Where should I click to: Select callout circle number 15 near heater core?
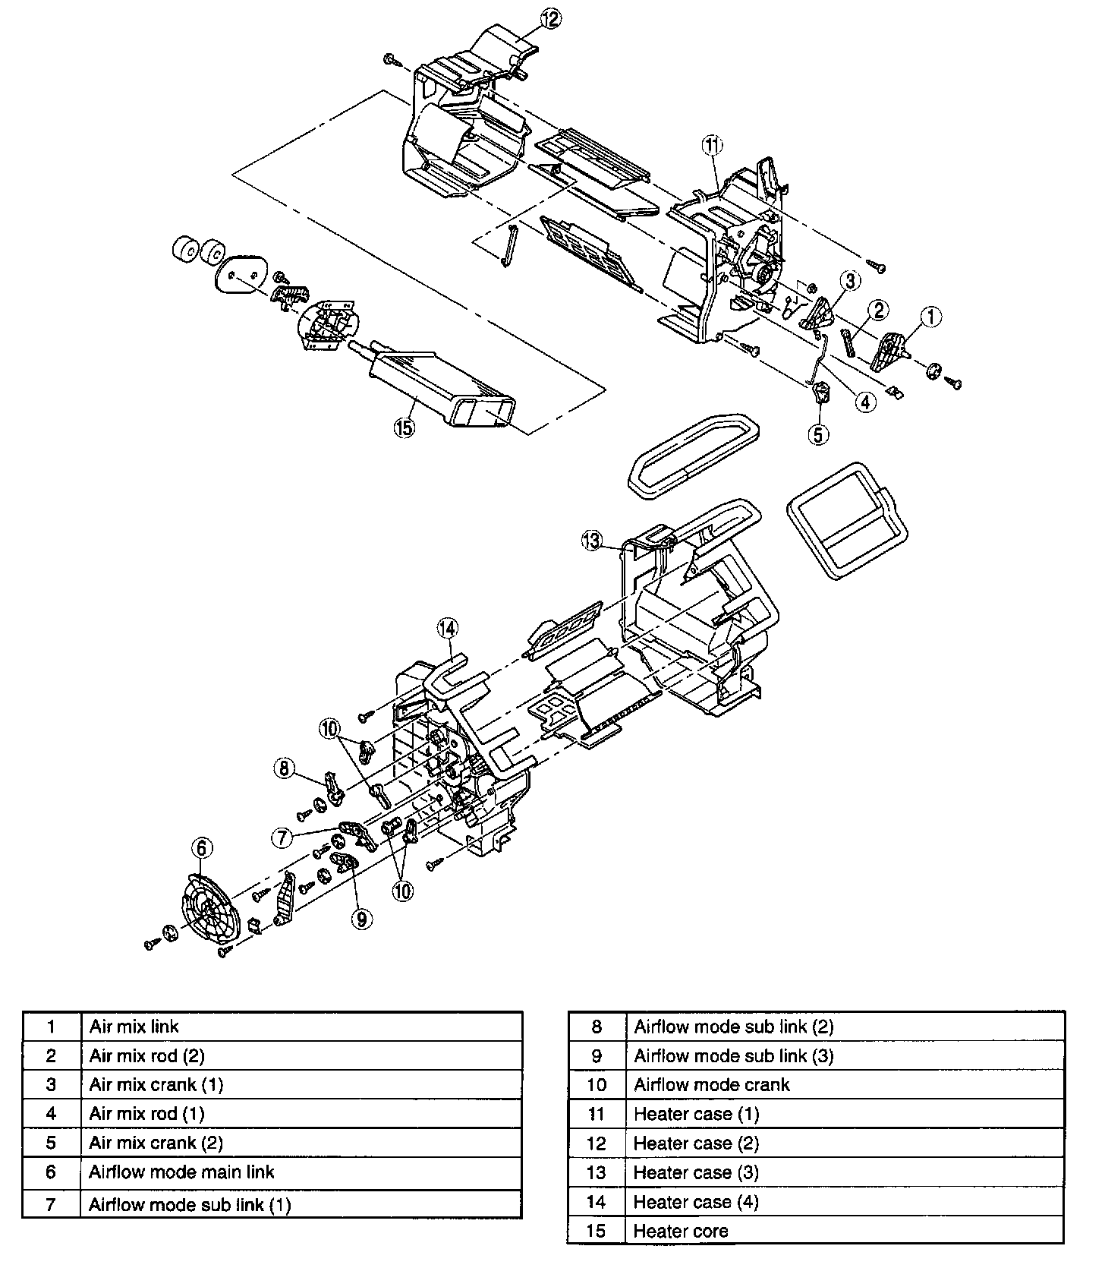404,428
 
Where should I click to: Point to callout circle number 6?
201,847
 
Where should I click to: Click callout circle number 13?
592,541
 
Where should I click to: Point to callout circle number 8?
284,768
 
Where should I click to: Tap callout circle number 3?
850,280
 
